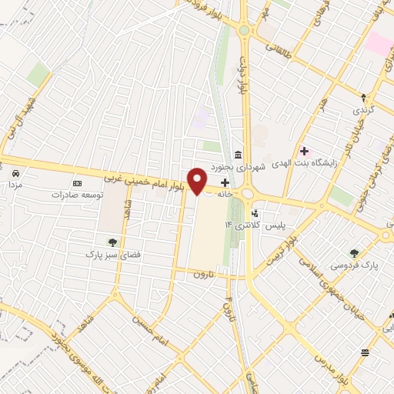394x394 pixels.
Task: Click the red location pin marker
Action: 198,180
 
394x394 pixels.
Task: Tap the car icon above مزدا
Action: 16,172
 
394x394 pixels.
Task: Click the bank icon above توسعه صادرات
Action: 77,183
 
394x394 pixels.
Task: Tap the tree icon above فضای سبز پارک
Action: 114,242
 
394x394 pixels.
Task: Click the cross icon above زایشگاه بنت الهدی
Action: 306,150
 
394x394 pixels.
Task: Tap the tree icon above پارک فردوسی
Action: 354,253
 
